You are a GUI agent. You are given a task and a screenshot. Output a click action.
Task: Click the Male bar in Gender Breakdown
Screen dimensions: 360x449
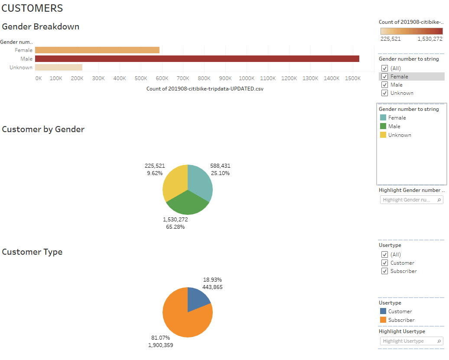(197, 58)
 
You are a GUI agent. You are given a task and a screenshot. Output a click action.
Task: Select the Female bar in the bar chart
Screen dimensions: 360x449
(97, 50)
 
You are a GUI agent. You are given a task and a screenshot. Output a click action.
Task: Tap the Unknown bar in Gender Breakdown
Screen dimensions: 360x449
(59, 67)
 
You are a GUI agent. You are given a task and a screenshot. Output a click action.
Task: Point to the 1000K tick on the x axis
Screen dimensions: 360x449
(246, 78)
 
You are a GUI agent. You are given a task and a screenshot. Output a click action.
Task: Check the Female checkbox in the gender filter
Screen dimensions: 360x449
(384, 77)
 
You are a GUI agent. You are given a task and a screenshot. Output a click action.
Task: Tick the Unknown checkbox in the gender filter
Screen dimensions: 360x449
(384, 93)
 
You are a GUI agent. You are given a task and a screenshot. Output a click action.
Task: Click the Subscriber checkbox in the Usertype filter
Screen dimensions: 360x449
(384, 271)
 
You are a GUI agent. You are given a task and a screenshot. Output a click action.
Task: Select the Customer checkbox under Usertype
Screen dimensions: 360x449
(384, 263)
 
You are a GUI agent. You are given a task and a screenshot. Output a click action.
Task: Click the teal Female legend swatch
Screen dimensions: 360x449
(383, 118)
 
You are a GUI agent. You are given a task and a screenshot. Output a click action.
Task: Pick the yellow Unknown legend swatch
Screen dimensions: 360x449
(383, 135)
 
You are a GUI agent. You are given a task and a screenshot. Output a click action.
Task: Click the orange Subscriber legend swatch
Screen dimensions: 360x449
(383, 320)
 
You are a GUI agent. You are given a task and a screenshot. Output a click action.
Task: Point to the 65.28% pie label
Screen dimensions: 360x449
(175, 227)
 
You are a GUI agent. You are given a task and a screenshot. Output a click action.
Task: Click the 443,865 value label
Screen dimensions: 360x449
(212, 287)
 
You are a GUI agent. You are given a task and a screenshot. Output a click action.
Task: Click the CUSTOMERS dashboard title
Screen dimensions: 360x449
(33, 8)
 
